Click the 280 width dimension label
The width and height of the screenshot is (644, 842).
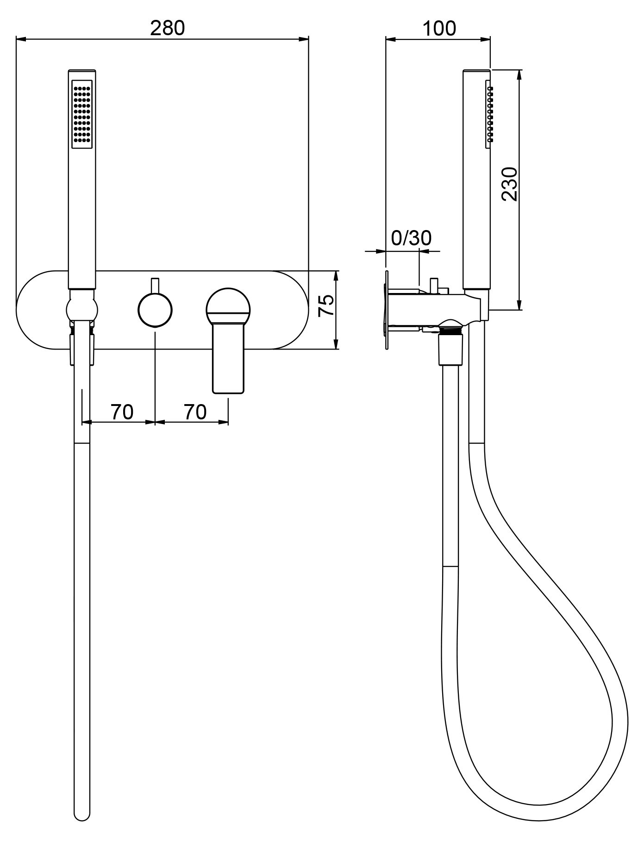click(167, 28)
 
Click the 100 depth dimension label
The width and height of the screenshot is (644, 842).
click(439, 28)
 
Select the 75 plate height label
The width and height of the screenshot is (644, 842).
click(327, 305)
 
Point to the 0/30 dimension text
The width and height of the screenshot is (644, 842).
click(411, 238)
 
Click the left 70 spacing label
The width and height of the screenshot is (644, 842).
click(122, 412)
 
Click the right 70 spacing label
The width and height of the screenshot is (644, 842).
click(195, 412)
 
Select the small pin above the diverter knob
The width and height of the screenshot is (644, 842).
click(155, 285)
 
